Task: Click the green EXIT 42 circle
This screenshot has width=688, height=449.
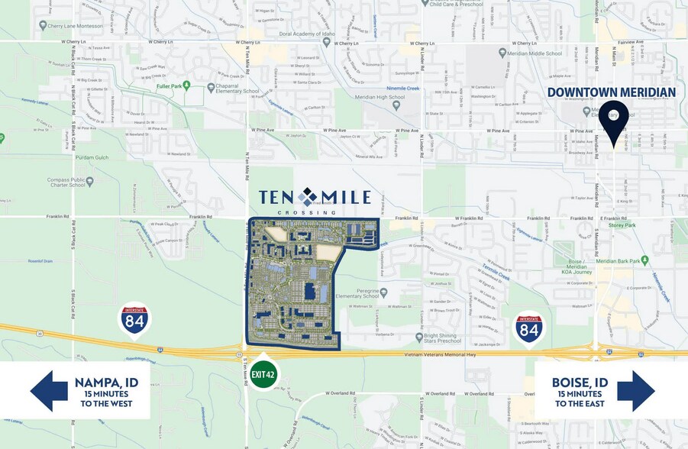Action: (263, 374)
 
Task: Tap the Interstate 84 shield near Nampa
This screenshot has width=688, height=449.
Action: (134, 321)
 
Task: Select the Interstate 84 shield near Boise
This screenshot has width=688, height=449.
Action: (528, 328)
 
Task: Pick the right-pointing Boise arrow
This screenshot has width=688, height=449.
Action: (637, 392)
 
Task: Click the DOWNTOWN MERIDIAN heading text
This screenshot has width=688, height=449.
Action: (611, 92)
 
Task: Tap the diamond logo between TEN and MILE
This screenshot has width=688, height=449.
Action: (308, 197)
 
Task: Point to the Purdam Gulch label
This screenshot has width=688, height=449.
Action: (93, 157)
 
